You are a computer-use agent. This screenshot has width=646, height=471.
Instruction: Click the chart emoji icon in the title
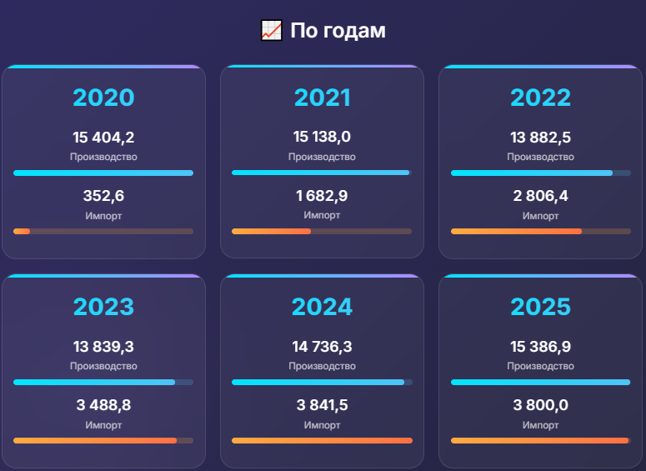271,31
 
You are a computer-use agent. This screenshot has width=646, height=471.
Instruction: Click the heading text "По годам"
338,31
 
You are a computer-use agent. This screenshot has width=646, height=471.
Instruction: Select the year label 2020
103,98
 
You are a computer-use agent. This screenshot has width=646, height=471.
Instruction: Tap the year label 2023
103,307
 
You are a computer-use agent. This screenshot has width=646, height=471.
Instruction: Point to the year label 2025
540,307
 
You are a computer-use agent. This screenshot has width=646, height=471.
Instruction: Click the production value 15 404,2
103,138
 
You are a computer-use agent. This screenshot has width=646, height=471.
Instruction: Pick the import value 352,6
103,197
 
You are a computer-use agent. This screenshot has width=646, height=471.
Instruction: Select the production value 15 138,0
322,138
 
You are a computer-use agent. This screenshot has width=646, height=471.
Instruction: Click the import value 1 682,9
322,197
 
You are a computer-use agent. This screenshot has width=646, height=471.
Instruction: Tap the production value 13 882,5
540,138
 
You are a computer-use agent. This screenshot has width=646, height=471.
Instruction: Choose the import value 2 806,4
540,197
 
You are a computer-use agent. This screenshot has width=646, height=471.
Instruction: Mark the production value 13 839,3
103,347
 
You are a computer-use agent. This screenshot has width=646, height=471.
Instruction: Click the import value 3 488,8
103,406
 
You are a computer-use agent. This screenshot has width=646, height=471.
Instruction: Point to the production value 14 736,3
322,347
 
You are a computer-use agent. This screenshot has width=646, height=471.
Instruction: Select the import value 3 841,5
322,406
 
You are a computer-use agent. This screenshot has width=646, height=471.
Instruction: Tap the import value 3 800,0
540,406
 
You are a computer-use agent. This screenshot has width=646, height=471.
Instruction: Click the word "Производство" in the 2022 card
540,157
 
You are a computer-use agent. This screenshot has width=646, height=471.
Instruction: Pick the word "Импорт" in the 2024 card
322,425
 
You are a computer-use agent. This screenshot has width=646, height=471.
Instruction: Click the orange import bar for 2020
22,231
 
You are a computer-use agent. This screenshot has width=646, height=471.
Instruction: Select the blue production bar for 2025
540,383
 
